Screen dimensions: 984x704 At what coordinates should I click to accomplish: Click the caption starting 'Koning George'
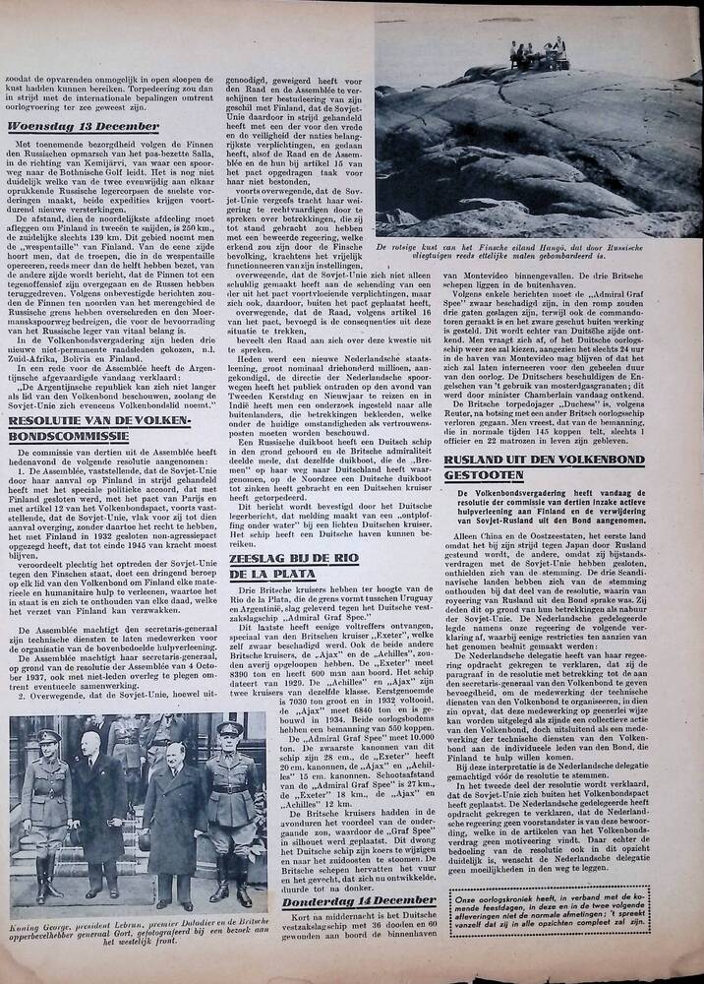coord(138,934)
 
